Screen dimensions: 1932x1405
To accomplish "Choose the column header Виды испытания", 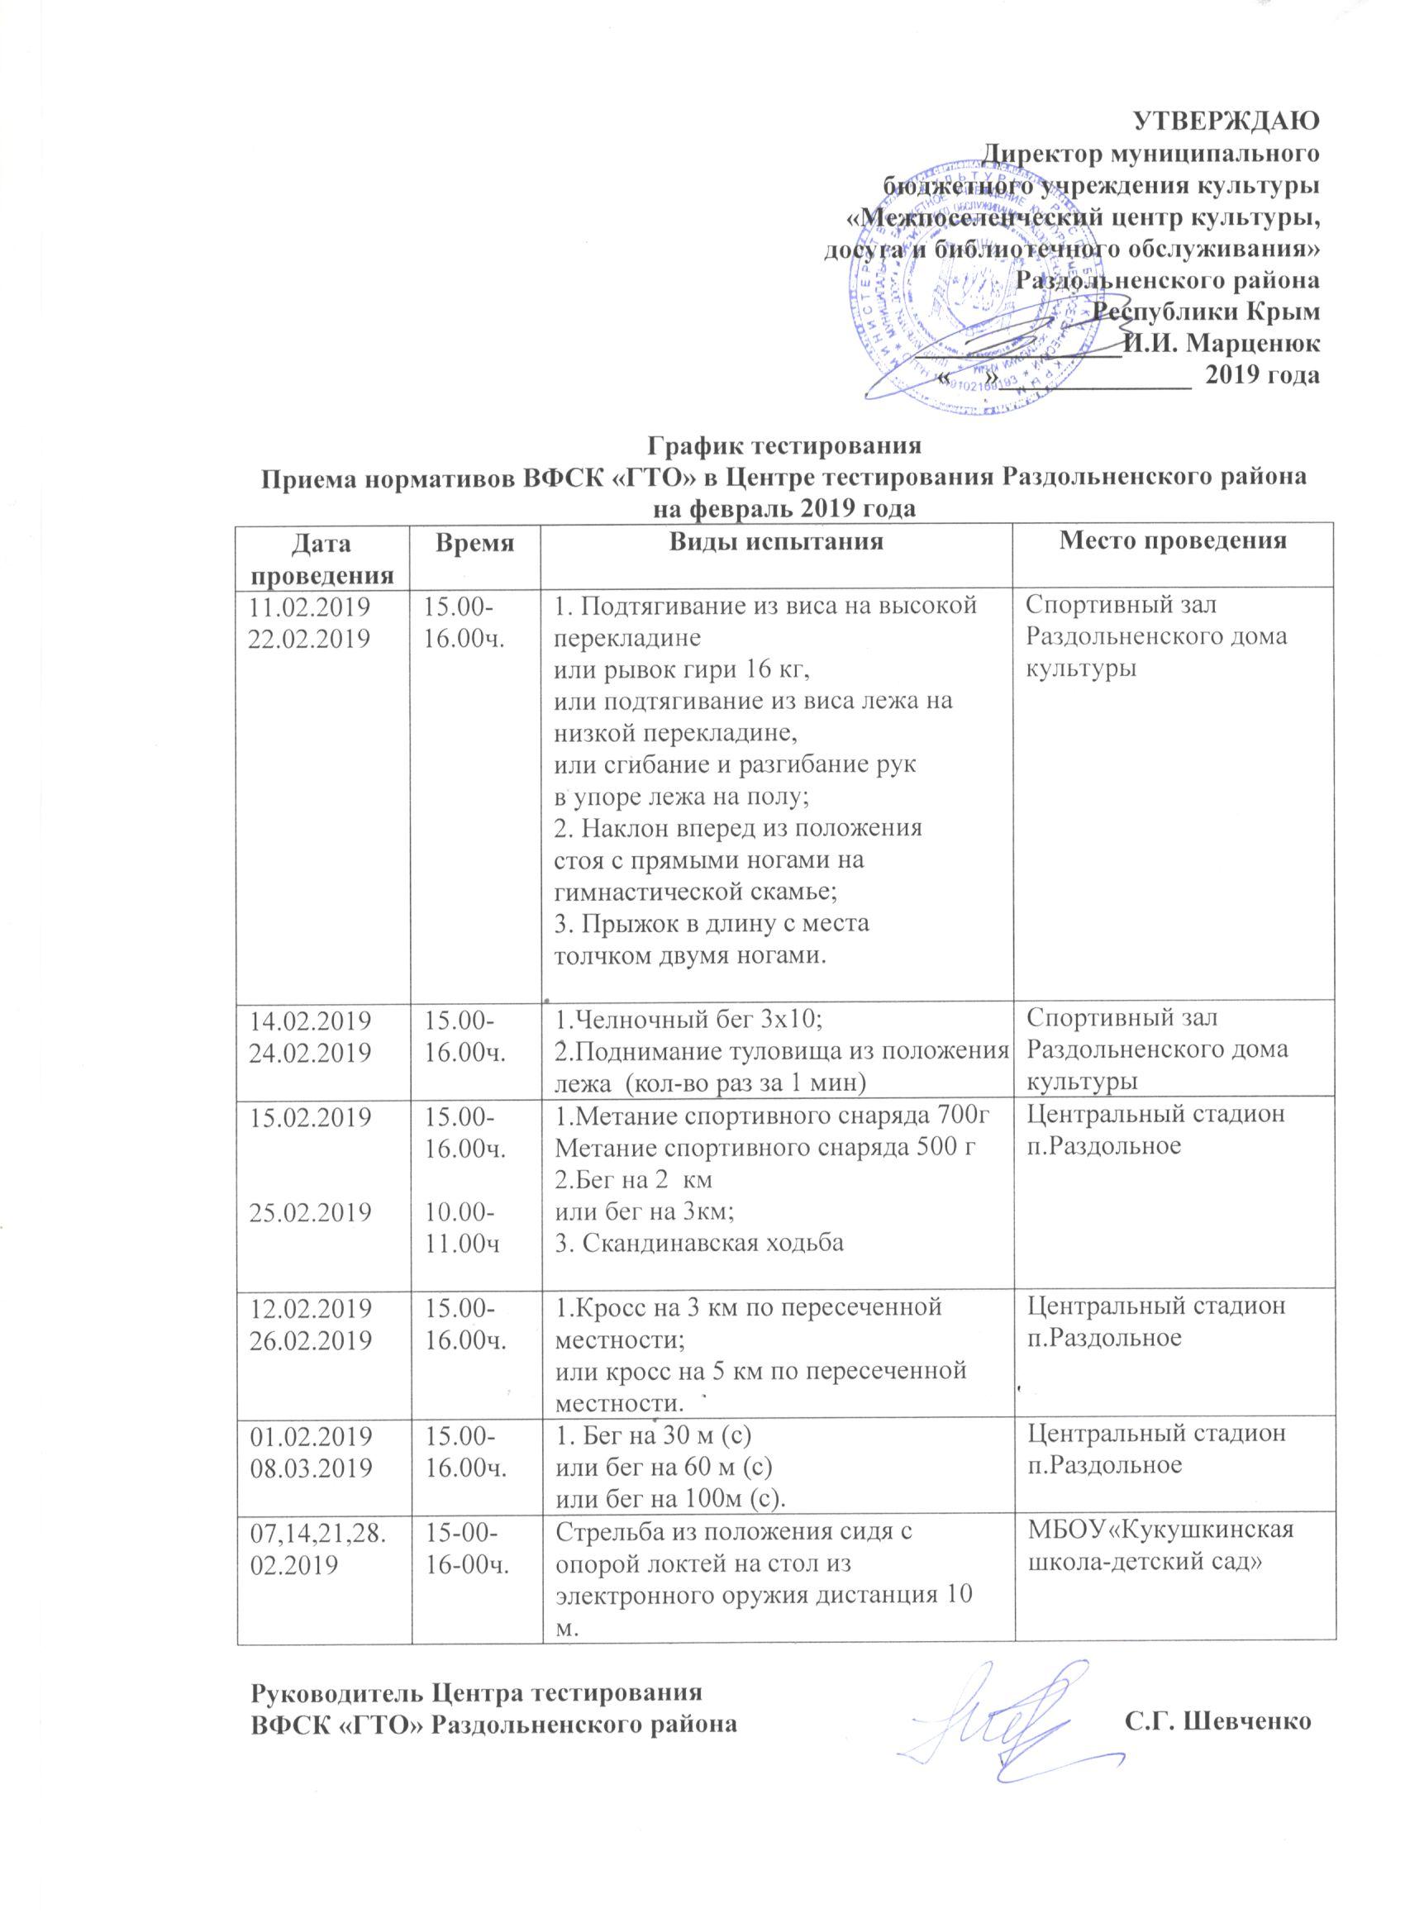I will coord(774,542).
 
